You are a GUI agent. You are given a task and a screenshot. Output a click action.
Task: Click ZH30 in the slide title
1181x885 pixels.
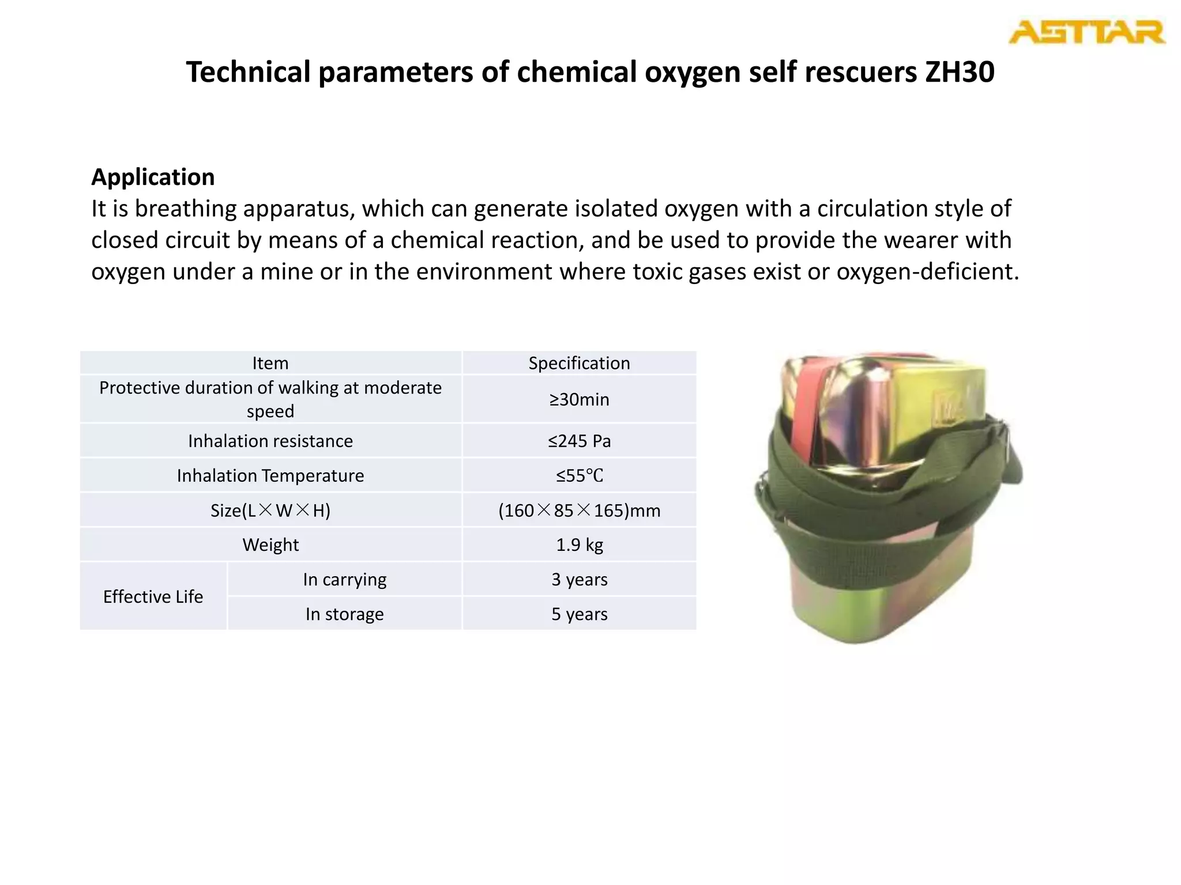tap(960, 72)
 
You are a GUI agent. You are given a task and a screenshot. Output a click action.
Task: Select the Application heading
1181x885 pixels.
tap(153, 177)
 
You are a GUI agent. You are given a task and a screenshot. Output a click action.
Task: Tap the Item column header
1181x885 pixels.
tap(270, 363)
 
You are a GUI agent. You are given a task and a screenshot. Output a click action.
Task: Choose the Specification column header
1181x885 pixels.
tap(579, 363)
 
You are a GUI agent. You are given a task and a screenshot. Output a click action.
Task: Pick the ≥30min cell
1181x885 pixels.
tap(579, 399)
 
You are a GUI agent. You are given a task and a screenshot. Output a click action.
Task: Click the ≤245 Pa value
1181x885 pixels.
tap(579, 441)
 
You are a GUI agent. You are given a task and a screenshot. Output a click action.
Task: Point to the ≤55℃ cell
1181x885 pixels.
tap(579, 475)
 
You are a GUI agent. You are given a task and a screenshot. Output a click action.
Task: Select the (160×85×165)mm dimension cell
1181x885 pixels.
tap(579, 510)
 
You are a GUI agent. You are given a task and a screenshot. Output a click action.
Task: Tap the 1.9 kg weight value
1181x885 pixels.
tap(579, 544)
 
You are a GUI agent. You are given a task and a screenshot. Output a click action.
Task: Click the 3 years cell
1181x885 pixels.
tap(579, 579)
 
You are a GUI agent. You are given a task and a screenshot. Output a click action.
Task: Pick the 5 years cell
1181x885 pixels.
tap(579, 614)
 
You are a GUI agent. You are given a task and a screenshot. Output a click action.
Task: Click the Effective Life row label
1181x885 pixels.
tap(153, 596)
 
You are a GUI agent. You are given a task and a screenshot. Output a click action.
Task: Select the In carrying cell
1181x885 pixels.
tap(344, 579)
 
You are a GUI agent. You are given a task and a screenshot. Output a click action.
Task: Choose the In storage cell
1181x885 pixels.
tap(344, 614)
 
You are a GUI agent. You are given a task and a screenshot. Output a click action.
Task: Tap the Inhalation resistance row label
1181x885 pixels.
tap(270, 441)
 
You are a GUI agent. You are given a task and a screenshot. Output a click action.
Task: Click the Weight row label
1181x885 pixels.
tap(270, 544)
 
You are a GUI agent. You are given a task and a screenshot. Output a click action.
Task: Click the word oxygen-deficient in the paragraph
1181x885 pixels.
tap(927, 271)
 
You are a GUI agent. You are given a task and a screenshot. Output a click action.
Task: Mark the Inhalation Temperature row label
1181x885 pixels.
tap(270, 475)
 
